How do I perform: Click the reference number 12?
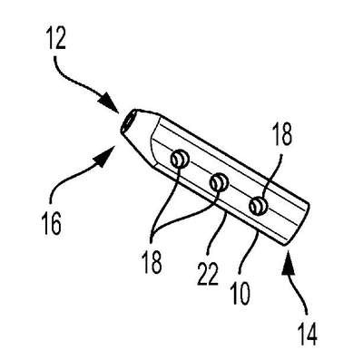coord(56,38)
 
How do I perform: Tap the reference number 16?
coord(52,224)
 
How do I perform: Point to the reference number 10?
coord(240,293)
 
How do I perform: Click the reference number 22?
coord(208,273)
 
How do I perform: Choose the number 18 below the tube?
coord(152,262)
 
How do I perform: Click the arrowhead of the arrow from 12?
coord(110,103)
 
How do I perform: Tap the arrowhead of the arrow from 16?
coord(106,155)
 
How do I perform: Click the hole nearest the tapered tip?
coord(180,159)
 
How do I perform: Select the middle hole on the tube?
coord(220,182)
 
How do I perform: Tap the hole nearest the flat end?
coord(259,206)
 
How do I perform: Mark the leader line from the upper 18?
coord(275,179)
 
